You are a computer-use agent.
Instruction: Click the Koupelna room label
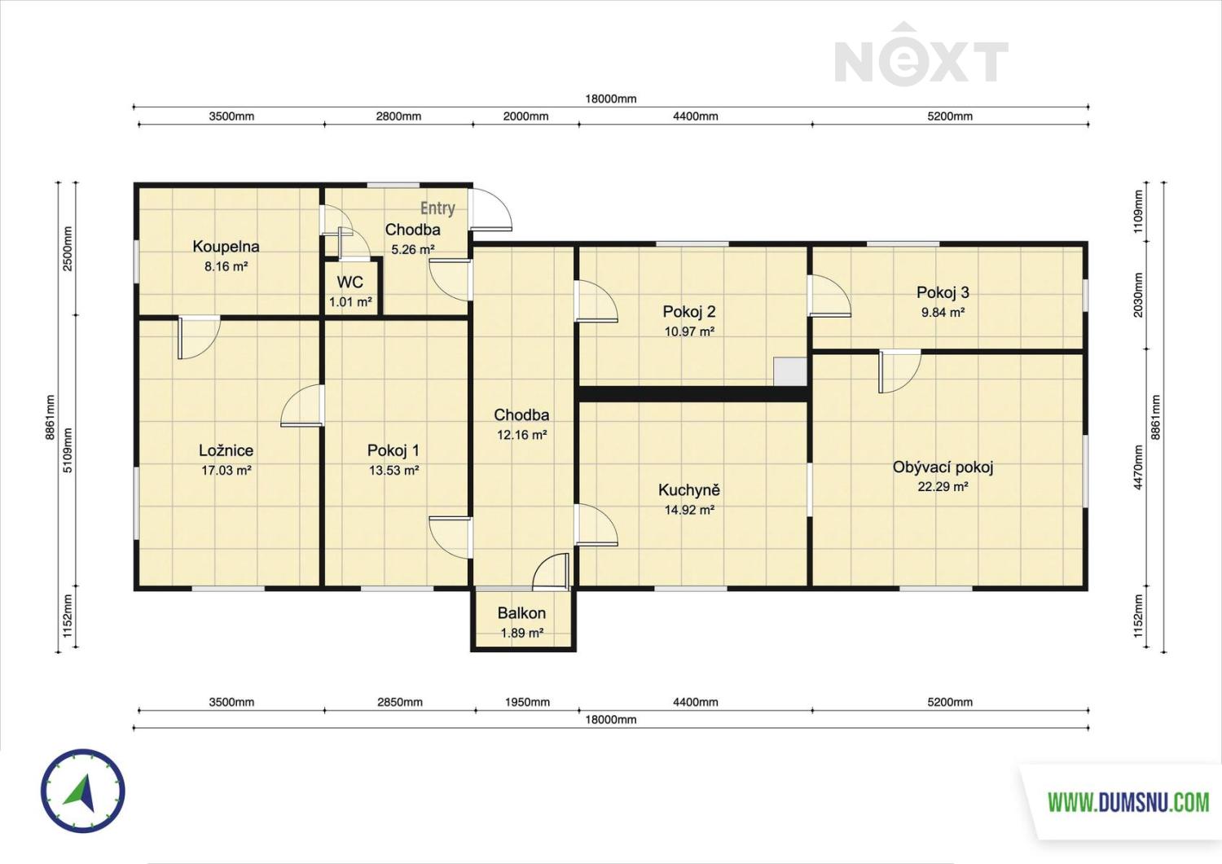click(x=226, y=247)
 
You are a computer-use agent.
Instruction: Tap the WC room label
click(x=350, y=282)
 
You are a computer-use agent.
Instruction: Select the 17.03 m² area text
click(x=226, y=470)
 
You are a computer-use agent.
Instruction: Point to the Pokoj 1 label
click(x=393, y=450)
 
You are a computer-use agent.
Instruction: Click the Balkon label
click(x=521, y=613)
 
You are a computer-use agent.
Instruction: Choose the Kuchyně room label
click(x=689, y=490)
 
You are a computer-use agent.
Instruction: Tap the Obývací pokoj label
click(x=943, y=467)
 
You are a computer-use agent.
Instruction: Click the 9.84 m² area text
click(x=943, y=313)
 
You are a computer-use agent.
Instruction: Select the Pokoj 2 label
click(x=689, y=311)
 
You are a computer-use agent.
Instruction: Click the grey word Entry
click(x=437, y=208)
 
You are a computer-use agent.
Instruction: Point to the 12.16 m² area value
click(x=521, y=435)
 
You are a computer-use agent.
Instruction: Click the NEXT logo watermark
click(x=921, y=54)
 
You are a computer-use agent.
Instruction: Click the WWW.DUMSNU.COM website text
click(x=1128, y=803)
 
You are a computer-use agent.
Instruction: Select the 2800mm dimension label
click(x=398, y=116)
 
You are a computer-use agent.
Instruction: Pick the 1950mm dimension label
click(x=527, y=702)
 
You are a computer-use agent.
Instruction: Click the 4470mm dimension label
click(x=1138, y=467)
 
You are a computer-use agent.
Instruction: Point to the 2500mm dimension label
click(x=68, y=248)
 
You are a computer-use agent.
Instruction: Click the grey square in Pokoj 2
click(x=790, y=372)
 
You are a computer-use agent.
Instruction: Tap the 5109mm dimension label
click(x=68, y=450)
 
